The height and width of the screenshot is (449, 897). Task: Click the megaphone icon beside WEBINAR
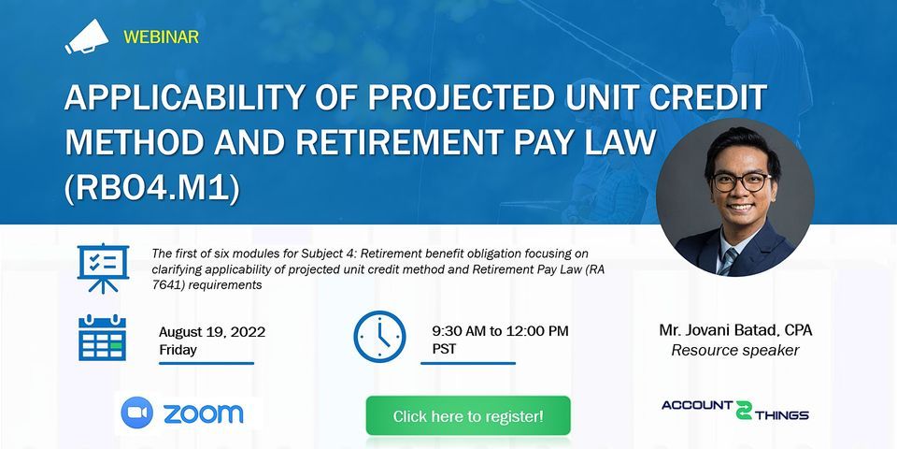pos(86,37)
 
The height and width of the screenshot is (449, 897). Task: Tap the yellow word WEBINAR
pos(161,37)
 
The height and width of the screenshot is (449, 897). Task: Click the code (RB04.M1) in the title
pos(152,190)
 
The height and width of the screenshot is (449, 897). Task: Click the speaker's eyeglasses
pos(741,182)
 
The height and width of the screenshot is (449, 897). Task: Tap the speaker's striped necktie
pos(728,261)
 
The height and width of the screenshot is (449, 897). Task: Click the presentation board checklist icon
pos(103,268)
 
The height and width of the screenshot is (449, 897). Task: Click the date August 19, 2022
pos(212,333)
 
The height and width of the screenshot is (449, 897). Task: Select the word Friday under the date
pos(178,350)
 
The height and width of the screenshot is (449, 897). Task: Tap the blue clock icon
pos(379,337)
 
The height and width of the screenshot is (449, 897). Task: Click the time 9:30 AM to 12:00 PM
pos(501,331)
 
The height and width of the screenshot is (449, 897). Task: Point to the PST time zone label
pos(444,349)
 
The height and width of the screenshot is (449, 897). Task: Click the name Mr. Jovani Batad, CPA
pos(735,330)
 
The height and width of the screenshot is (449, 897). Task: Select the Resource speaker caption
pos(735,350)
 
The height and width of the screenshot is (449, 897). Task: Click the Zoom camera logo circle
pos(137,413)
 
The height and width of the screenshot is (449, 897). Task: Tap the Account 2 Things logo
pos(735,410)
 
